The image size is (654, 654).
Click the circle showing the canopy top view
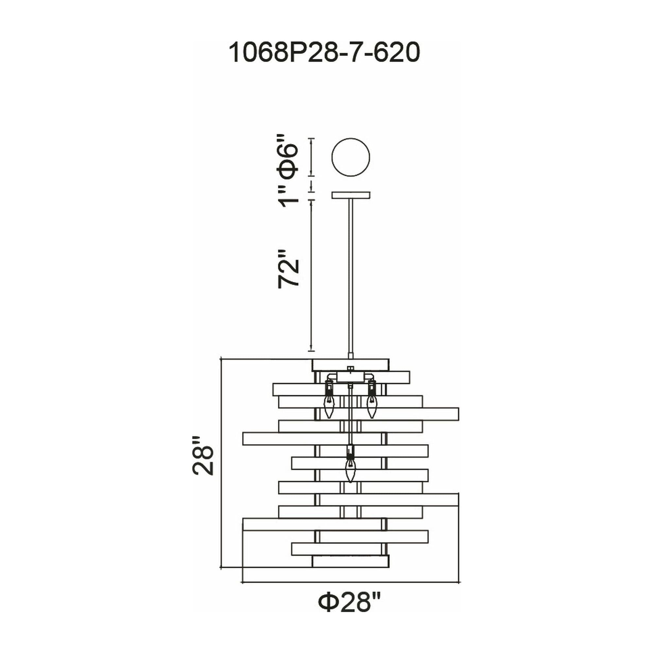[351, 157]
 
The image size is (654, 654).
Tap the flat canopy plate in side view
[351, 195]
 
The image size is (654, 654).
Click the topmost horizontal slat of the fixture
[351, 365]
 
